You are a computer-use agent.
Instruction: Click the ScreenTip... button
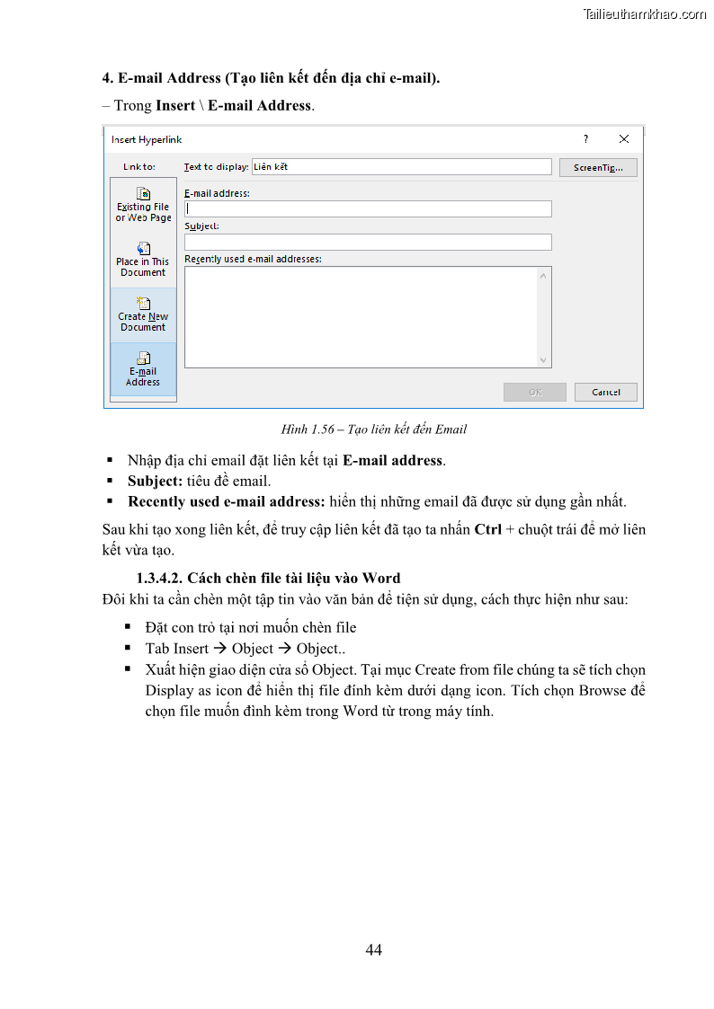click(598, 167)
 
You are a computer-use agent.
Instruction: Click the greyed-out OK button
click(535, 392)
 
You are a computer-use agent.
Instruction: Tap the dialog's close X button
click(624, 139)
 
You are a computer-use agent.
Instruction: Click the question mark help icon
click(585, 139)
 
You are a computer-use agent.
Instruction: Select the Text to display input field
click(401, 166)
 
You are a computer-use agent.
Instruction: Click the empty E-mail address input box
click(368, 208)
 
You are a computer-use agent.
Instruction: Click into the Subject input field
click(368, 242)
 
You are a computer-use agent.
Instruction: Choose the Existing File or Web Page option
click(143, 205)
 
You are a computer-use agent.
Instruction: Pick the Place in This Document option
click(143, 260)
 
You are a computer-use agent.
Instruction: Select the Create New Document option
click(143, 314)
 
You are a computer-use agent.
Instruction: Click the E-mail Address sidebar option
click(143, 369)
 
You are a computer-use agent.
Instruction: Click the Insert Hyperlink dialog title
click(147, 139)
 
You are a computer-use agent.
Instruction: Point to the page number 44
click(374, 950)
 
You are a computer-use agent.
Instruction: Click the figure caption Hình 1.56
click(373, 429)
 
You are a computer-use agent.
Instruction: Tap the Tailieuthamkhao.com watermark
click(645, 13)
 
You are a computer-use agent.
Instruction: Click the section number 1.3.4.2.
click(160, 578)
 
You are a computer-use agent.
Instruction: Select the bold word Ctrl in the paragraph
click(487, 529)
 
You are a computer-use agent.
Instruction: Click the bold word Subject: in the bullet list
click(155, 481)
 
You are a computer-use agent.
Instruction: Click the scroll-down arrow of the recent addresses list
click(543, 359)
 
